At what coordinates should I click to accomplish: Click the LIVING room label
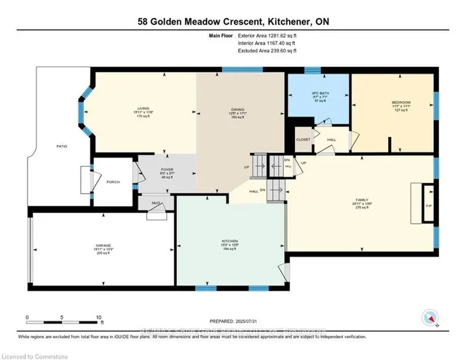click(143, 109)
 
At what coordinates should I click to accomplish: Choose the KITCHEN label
click(230, 240)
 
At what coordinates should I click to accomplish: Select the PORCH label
click(113, 182)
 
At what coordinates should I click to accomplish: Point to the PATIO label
click(62, 147)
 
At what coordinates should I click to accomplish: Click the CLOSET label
click(303, 139)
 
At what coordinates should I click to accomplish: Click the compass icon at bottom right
click(429, 318)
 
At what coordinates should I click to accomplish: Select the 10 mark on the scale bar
click(99, 317)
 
